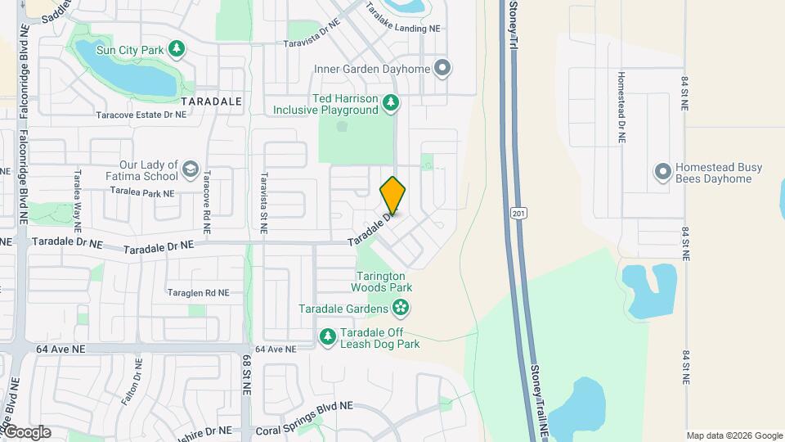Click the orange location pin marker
[x=392, y=195]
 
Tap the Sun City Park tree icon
[x=176, y=50]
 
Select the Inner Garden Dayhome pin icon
[x=442, y=69]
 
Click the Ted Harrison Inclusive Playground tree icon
[x=392, y=102]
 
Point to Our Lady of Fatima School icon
[x=190, y=169]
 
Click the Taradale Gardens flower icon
[x=401, y=309]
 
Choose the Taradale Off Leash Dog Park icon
[x=328, y=337]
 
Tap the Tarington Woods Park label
[x=382, y=282]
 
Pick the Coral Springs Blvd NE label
[x=304, y=406]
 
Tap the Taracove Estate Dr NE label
[x=141, y=115]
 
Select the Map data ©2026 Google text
[x=734, y=435]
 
